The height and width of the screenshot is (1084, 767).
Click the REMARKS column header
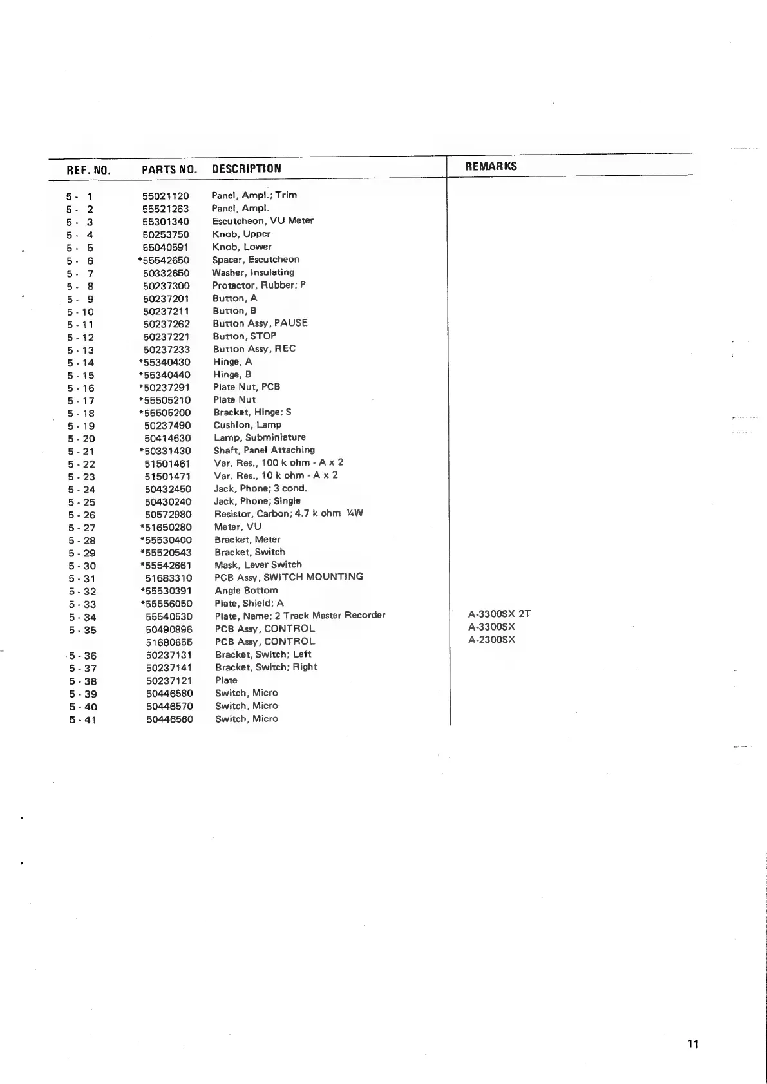pyautogui.click(x=491, y=166)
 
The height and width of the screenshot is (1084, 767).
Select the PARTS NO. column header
pyautogui.click(x=169, y=169)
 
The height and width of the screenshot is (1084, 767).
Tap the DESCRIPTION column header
pyautogui.click(x=246, y=169)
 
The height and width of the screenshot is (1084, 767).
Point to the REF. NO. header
pyautogui.click(x=88, y=170)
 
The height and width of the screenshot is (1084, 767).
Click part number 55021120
pyautogui.click(x=166, y=196)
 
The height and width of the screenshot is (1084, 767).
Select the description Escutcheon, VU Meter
pyautogui.click(x=263, y=221)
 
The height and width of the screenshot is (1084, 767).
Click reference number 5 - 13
pyautogui.click(x=80, y=350)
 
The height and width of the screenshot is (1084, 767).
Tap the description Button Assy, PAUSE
pyautogui.click(x=260, y=323)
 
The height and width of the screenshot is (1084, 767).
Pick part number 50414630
pyautogui.click(x=167, y=439)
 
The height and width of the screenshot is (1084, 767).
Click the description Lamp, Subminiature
pyautogui.click(x=260, y=437)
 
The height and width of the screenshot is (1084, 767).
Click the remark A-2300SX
pyautogui.click(x=491, y=640)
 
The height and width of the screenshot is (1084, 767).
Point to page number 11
pyautogui.click(x=693, y=1044)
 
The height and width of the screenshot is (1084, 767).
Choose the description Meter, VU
pyautogui.click(x=238, y=527)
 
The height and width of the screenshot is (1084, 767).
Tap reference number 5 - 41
pyautogui.click(x=83, y=720)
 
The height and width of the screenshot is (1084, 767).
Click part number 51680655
pyautogui.click(x=169, y=642)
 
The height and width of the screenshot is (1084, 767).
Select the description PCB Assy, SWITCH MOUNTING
pyautogui.click(x=289, y=577)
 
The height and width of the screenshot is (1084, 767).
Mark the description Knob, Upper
pyautogui.click(x=241, y=234)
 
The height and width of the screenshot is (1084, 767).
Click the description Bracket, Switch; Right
pyautogui.click(x=266, y=667)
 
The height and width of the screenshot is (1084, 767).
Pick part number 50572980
pyautogui.click(x=168, y=515)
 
